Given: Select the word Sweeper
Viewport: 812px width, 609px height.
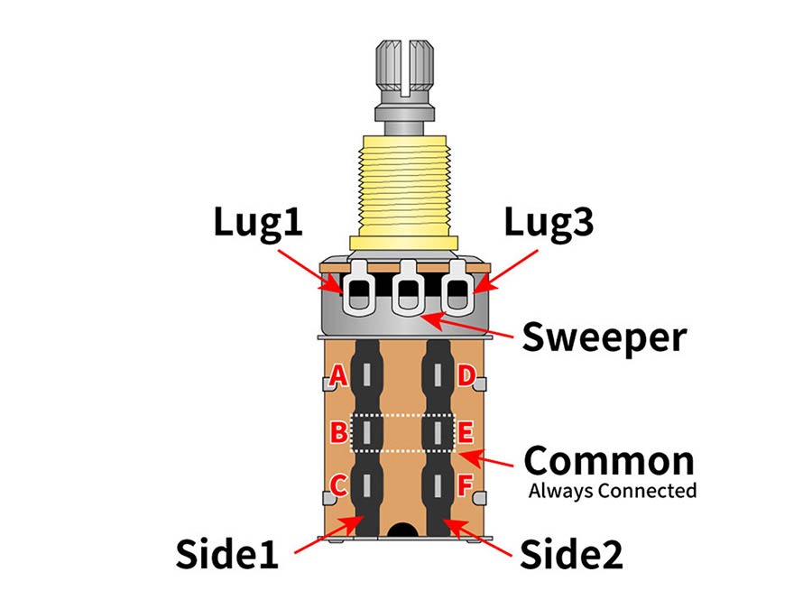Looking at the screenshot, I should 604,337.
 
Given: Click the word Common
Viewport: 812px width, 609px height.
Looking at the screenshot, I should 610,461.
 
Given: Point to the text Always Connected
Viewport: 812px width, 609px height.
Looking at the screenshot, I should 612,492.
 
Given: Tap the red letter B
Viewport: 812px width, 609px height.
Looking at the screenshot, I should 338,433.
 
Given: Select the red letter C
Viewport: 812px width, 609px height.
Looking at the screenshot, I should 338,486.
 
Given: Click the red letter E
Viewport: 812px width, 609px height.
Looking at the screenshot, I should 466,433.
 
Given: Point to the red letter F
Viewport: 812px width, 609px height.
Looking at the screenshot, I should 466,486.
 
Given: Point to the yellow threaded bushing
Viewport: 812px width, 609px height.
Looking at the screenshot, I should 406,189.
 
